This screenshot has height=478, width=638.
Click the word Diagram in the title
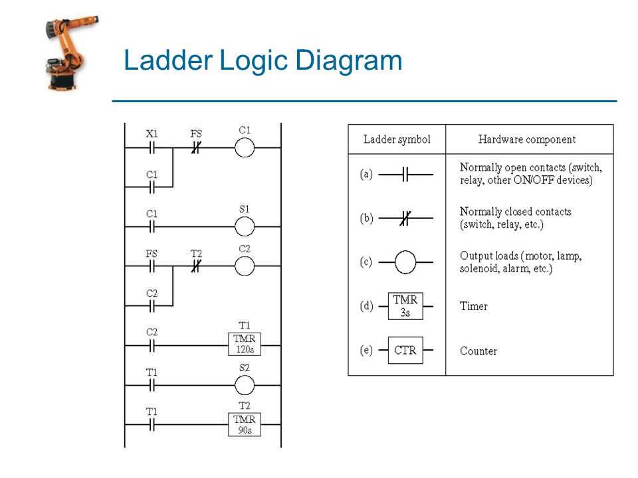click(x=348, y=61)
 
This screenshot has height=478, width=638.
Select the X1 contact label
click(x=152, y=133)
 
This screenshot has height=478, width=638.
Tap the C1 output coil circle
click(x=245, y=148)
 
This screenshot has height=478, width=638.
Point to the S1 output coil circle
click(x=245, y=226)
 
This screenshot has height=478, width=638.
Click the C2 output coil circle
click(x=245, y=266)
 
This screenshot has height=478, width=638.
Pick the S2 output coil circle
click(x=245, y=385)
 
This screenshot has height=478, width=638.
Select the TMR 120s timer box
click(x=245, y=345)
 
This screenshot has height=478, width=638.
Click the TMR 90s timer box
click(x=245, y=425)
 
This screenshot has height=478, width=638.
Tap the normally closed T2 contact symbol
click(x=196, y=266)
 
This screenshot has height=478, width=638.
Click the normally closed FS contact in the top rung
click(x=196, y=148)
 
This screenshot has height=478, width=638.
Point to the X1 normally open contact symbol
click(x=152, y=148)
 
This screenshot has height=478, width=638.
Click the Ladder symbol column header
click(x=397, y=139)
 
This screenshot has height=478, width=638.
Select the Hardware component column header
click(x=527, y=139)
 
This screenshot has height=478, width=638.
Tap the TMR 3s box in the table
click(x=405, y=306)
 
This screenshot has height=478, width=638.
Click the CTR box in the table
click(x=405, y=350)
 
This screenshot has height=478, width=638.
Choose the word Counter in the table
click(x=478, y=351)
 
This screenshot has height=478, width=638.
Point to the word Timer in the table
click(x=474, y=306)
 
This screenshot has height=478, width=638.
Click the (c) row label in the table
click(x=366, y=262)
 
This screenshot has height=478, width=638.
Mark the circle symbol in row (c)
click(x=405, y=262)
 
